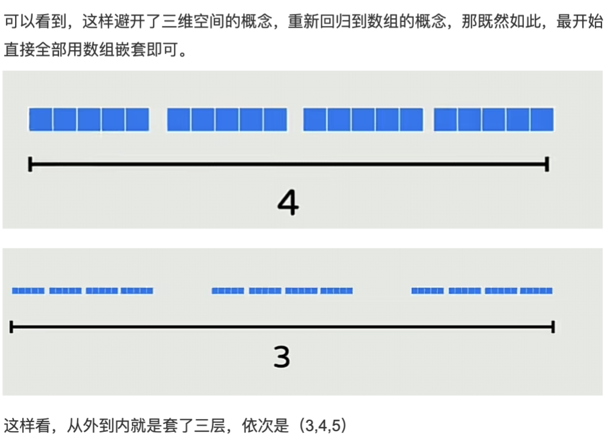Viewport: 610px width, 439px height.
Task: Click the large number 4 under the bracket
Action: click(x=288, y=203)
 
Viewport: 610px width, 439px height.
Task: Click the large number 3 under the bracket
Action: click(x=282, y=357)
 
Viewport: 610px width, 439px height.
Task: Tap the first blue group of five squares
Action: click(x=89, y=119)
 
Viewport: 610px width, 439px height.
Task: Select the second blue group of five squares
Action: click(x=227, y=119)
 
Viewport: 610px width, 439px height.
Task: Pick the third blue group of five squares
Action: click(x=363, y=119)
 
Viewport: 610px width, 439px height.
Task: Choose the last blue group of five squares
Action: click(x=493, y=119)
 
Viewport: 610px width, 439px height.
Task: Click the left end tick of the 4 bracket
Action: click(x=30, y=164)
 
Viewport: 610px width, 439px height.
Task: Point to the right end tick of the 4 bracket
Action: click(x=546, y=164)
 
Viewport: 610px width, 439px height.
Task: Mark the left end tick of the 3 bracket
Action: click(x=12, y=327)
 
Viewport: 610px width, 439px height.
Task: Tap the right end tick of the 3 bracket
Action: click(x=553, y=327)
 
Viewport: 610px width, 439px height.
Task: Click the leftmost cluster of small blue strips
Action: click(x=82, y=291)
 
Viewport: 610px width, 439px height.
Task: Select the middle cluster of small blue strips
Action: click(x=282, y=291)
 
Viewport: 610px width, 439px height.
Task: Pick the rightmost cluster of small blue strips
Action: click(x=482, y=291)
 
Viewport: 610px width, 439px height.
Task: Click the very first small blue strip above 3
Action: click(x=28, y=291)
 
